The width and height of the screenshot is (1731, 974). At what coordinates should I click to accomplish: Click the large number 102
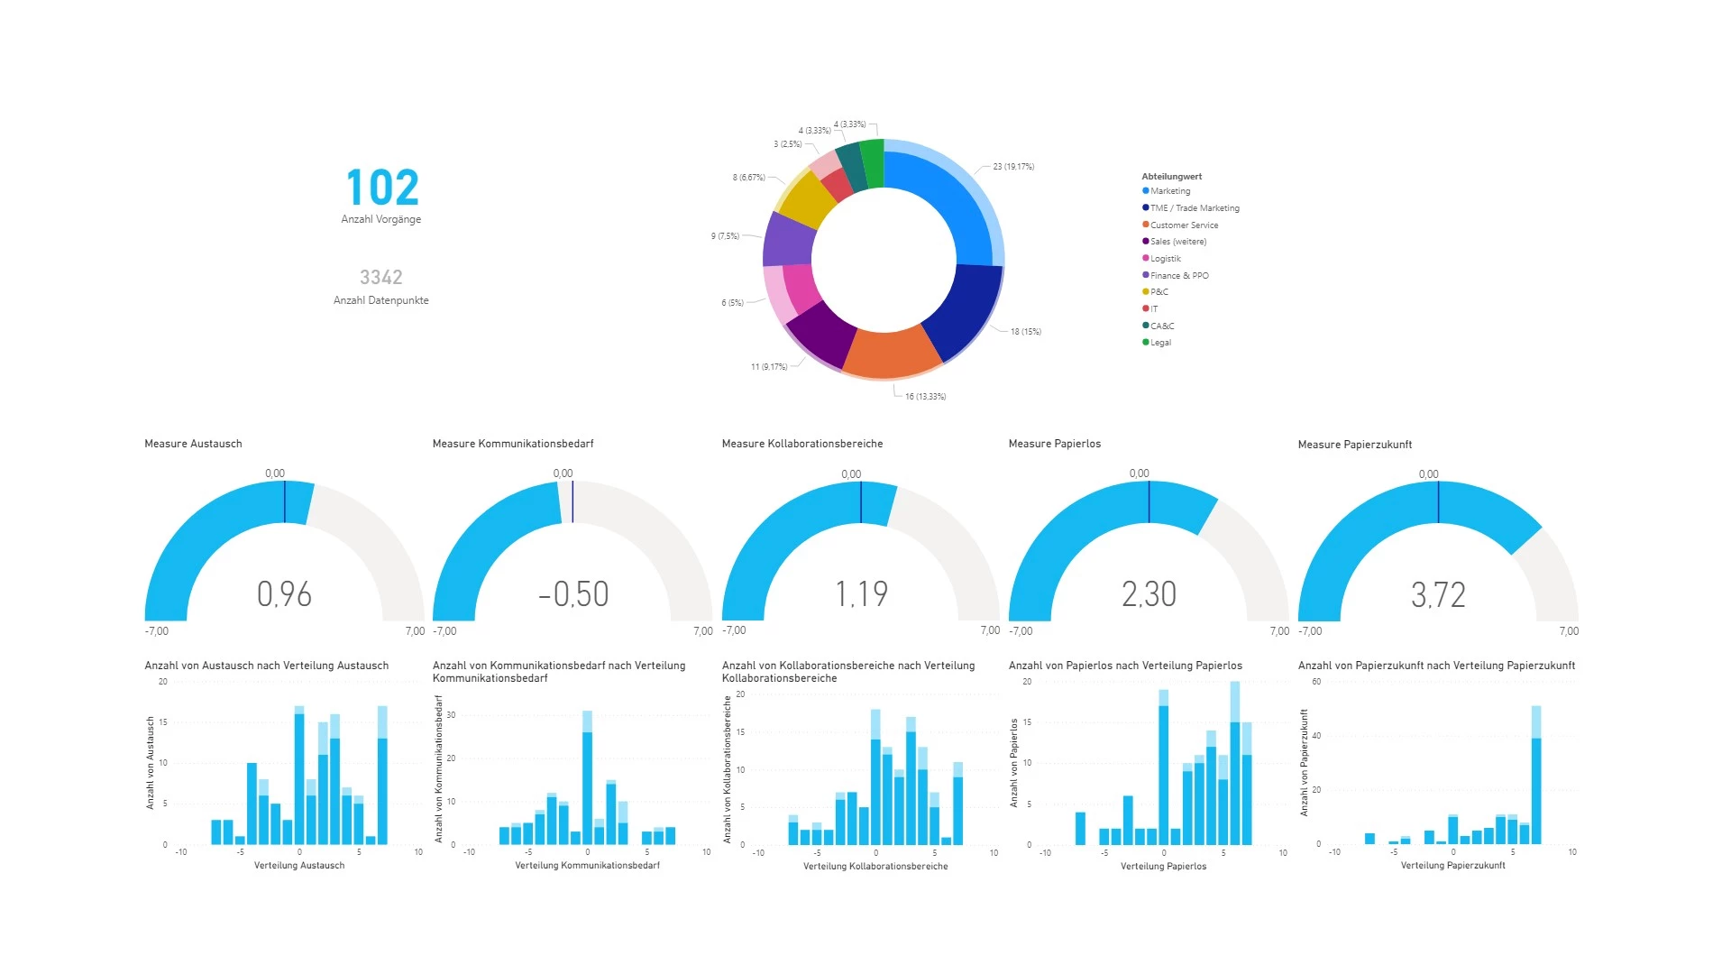[x=382, y=188]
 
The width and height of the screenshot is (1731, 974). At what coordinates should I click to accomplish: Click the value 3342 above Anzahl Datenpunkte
[x=380, y=278]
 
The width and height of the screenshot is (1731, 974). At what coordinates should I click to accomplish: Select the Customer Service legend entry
[x=1183, y=225]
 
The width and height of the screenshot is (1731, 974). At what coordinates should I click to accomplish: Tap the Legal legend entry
[x=1159, y=343]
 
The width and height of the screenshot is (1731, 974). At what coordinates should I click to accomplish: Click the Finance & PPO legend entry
[x=1178, y=276]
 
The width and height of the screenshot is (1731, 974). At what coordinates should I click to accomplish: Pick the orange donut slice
[x=890, y=353]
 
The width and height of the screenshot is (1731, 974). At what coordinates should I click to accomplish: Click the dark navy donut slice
[x=964, y=311]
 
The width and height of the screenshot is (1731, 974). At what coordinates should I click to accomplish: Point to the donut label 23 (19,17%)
[x=1013, y=167]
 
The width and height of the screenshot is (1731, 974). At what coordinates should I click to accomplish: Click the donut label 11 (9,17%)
[x=769, y=367]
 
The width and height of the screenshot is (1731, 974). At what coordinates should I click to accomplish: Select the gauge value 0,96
[x=284, y=594]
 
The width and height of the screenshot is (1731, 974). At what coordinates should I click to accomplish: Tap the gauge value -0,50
[x=573, y=594]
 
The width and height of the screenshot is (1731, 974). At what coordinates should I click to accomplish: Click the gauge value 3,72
[x=1438, y=595]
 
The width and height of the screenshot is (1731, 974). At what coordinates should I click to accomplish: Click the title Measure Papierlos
[x=1054, y=444]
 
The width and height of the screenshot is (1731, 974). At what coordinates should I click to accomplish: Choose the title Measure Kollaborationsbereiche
[x=801, y=444]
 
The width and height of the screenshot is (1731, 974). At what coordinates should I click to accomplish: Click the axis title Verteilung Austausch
[x=299, y=866]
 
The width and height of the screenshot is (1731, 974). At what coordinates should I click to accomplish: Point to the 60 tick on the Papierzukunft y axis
[x=1316, y=682]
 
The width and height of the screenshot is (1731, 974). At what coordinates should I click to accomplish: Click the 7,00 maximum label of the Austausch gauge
[x=415, y=631]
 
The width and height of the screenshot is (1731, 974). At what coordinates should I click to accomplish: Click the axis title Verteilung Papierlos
[x=1163, y=867]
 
